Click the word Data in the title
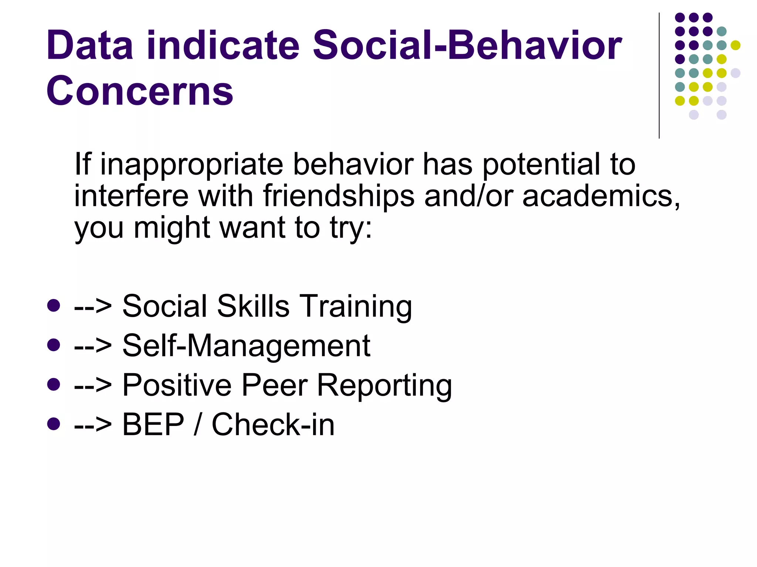point(89,45)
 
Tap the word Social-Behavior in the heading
point(467,45)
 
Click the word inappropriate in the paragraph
point(192,165)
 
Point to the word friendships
point(339,196)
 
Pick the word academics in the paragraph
point(601,196)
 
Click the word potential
point(541,165)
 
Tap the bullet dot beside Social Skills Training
point(54,305)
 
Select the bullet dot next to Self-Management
point(54,345)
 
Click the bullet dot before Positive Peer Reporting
point(54,384)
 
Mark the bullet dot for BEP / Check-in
point(54,424)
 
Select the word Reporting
point(384,386)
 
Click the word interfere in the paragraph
point(132,196)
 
